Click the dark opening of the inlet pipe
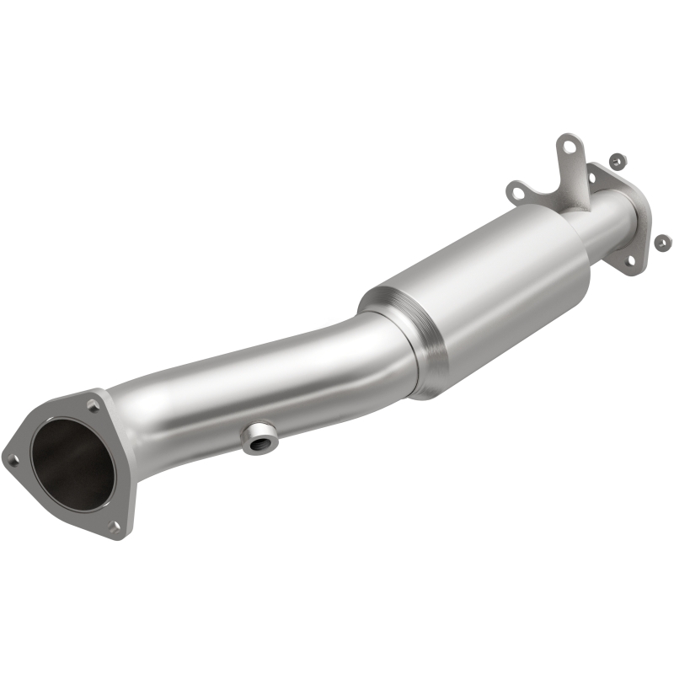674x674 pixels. (72, 468)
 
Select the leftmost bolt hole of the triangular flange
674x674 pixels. (13, 459)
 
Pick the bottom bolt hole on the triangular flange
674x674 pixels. (115, 527)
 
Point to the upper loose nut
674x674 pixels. (616, 159)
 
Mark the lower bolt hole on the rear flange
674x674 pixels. (629, 260)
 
